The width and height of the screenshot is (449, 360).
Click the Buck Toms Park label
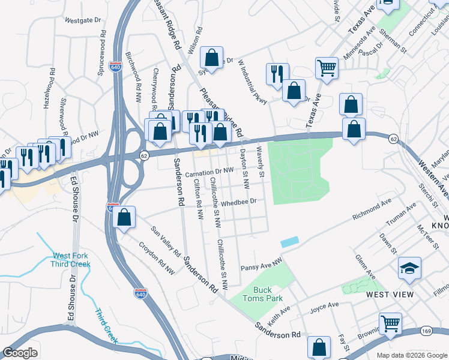tap(262, 293)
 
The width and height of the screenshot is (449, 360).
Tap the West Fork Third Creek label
tap(71, 259)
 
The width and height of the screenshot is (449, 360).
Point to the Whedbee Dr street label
tap(239, 203)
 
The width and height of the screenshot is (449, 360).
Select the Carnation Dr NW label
tap(209, 173)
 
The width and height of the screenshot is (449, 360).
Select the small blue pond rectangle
tap(289, 242)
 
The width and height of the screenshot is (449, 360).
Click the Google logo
tap(20, 353)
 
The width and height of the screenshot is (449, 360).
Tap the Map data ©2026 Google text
tap(412, 355)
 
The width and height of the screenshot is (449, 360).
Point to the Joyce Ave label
tap(325, 308)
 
